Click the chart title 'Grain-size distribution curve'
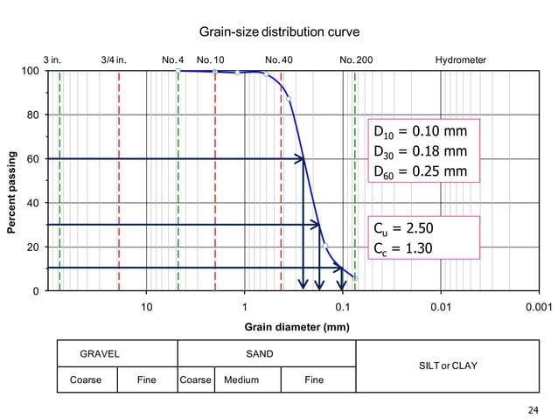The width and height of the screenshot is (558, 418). click(280, 33)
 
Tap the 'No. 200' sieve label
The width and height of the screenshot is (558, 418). click(355, 59)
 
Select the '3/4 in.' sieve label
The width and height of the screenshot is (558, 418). click(114, 59)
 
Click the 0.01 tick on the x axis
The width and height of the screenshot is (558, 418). click(440, 307)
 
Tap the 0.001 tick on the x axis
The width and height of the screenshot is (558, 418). click(537, 307)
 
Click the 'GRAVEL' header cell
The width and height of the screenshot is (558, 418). click(100, 354)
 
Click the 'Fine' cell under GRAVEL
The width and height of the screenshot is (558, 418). click(147, 380)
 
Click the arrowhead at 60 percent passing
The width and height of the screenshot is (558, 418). click(300, 158)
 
